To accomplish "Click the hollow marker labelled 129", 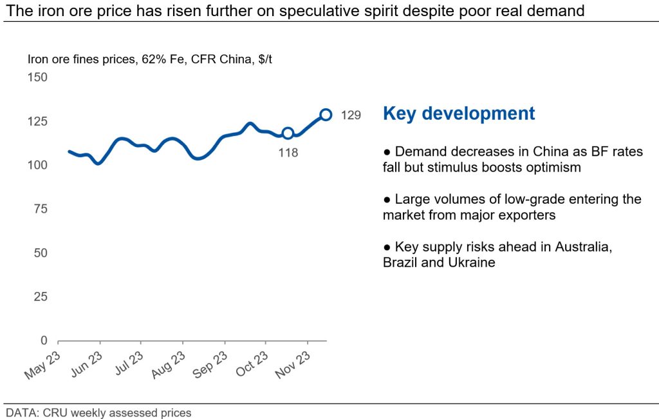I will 326,115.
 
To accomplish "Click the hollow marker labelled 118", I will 288,133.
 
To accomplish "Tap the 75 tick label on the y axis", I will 39,209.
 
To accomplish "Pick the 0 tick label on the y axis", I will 44,340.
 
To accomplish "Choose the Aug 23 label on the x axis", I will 169,365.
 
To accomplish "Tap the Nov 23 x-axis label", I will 293,365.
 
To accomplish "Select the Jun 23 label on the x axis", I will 86,365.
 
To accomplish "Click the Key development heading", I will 459,113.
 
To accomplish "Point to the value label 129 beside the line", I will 350,115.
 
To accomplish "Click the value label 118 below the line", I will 288,153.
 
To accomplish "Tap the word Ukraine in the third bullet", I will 472,263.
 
